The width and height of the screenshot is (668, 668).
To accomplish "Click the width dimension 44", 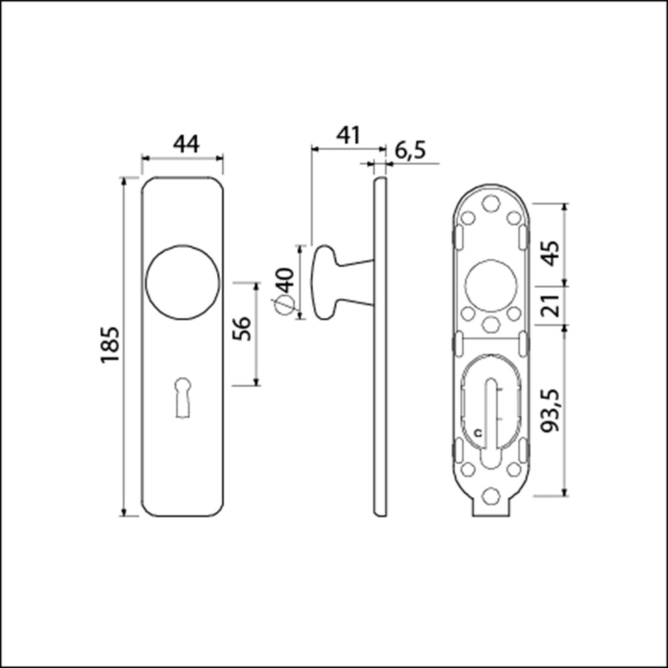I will click(186, 144).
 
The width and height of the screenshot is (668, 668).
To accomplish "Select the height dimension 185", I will click(110, 345).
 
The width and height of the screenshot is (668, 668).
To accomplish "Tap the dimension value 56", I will click(244, 328).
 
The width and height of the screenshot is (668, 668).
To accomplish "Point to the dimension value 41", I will click(347, 135).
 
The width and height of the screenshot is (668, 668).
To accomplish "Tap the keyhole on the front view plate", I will click(182, 397).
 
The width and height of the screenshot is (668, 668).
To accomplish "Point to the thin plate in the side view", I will click(379, 346).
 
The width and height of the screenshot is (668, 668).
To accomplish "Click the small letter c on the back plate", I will click(477, 433).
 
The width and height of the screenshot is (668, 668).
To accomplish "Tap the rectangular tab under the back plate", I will click(492, 509).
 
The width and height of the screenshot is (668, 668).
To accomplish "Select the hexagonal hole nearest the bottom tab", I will click(491, 494).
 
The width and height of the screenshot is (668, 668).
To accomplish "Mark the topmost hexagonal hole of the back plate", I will click(491, 201).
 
